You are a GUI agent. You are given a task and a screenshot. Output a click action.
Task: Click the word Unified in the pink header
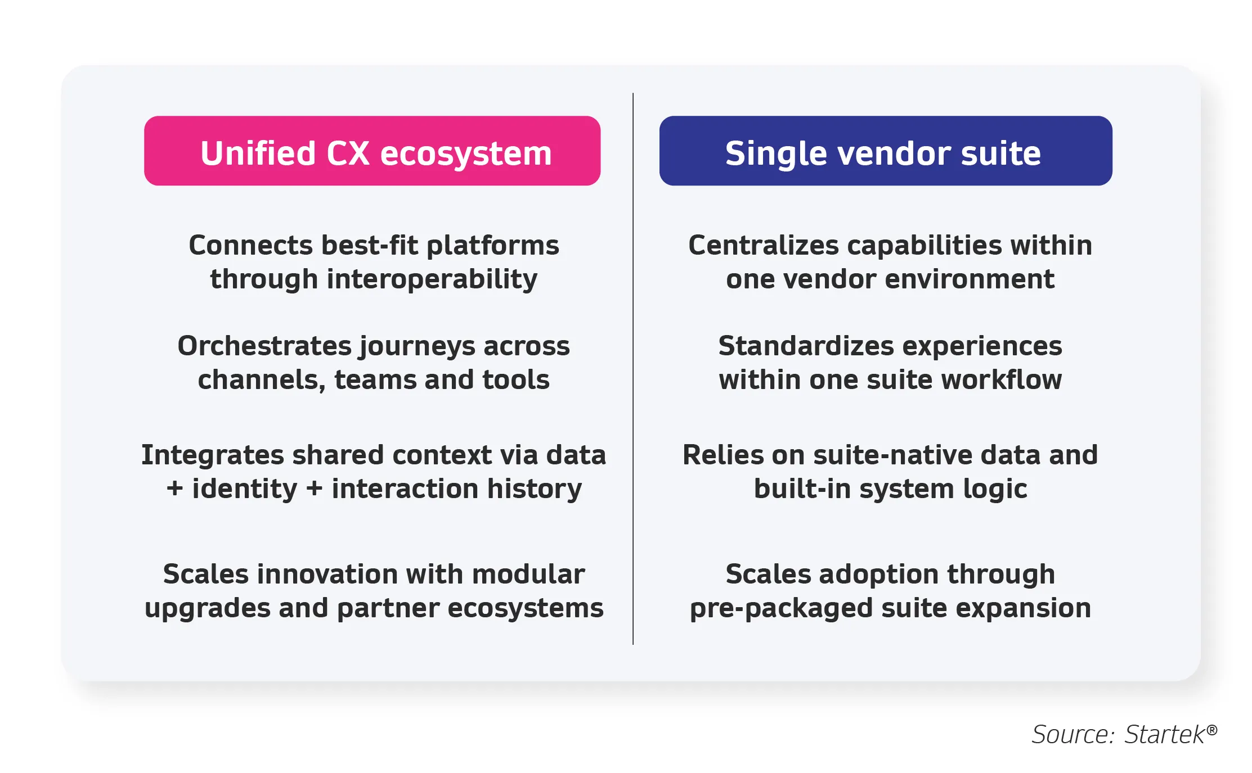(258, 153)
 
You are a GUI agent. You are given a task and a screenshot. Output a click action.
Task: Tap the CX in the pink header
(348, 153)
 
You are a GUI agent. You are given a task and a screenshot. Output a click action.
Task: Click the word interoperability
(432, 279)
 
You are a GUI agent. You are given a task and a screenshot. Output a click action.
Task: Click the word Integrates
(212, 455)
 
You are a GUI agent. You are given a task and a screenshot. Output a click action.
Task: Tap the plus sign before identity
(174, 489)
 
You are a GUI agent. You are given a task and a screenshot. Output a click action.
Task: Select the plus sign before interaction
(314, 489)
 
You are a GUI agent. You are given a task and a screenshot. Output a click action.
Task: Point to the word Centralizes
(764, 245)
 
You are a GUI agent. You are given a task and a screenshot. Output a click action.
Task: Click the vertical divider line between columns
(633, 369)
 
